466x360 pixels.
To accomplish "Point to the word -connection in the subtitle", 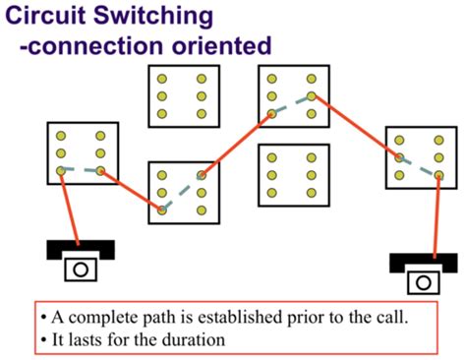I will coord(89,45).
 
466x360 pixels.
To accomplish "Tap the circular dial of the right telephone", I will coord(423,282).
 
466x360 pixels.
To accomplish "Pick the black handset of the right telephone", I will coord(423,263).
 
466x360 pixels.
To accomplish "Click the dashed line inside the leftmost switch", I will coord(81,171).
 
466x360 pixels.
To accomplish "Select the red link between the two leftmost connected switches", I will coord(132,191).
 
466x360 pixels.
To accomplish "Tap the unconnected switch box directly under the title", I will coord(182,96).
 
